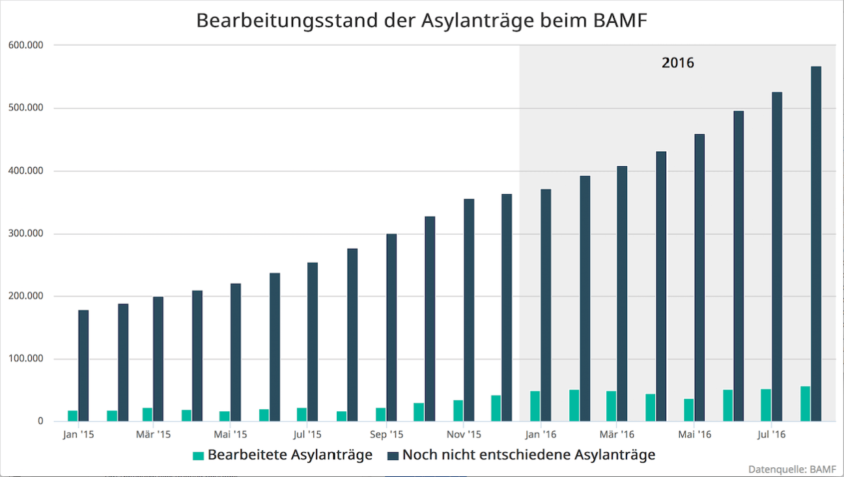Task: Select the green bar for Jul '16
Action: [766, 405]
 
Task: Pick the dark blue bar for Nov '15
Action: [469, 310]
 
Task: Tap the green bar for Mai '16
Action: [689, 410]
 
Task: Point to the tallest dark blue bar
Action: [816, 244]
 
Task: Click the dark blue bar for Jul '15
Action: [313, 342]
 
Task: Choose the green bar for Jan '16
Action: [535, 406]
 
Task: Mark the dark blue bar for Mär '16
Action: [622, 294]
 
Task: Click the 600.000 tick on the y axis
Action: [27, 45]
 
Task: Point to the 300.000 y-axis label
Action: [27, 233]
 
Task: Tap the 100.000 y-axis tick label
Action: [27, 359]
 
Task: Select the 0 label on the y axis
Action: [40, 421]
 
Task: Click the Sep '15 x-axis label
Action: [387, 434]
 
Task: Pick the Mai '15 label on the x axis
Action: [231, 434]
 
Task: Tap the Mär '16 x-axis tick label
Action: [617, 434]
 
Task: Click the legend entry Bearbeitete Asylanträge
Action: [283, 455]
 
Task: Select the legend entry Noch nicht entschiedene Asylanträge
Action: [521, 455]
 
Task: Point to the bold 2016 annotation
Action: [678, 63]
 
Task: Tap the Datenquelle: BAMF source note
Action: [791, 469]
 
